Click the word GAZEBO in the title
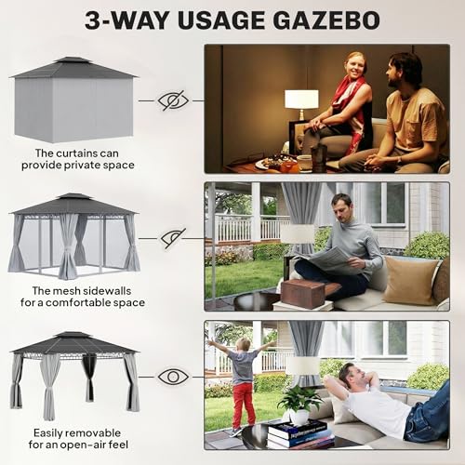pyautogui.click(x=326, y=20)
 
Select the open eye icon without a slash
pyautogui.click(x=173, y=377)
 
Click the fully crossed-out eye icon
pyautogui.click(x=173, y=100)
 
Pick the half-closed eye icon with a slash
pyautogui.click(x=173, y=238)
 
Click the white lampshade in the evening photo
pyautogui.click(x=301, y=100)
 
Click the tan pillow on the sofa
pyautogui.click(x=411, y=281)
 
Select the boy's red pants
pyautogui.click(x=244, y=405)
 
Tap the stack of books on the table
pyautogui.click(x=300, y=434)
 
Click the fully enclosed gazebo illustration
pyautogui.click(x=73, y=100)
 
